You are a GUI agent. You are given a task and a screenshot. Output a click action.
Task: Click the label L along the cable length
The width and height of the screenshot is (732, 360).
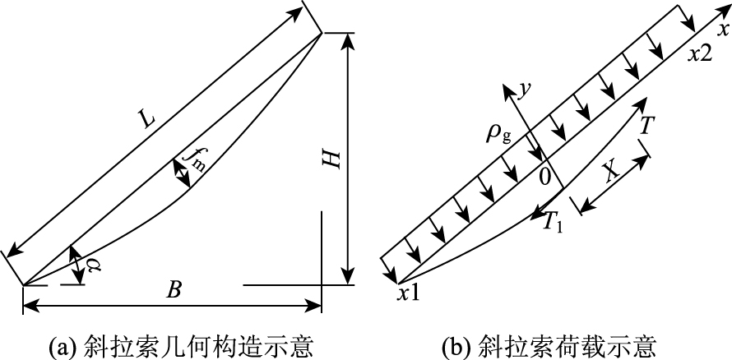pos(146,121)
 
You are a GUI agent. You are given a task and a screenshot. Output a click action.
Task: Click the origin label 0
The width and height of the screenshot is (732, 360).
pos(543,175)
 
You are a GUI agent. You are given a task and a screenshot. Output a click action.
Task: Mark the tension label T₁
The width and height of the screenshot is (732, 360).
pos(554,220)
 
